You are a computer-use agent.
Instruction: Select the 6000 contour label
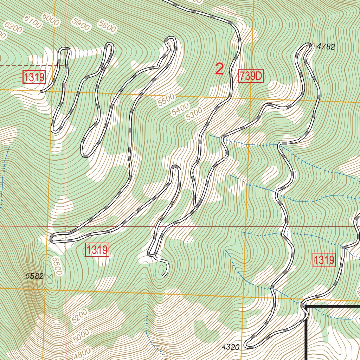pyautogui.click(x=50, y=19)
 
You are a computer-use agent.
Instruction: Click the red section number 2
pyautogui.click(x=219, y=69)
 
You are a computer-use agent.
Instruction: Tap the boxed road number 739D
pyautogui.click(x=251, y=76)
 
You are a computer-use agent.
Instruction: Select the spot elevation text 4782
pyautogui.click(x=326, y=46)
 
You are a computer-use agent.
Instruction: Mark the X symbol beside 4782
pyautogui.click(x=310, y=45)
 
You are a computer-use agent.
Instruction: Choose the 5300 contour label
pyautogui.click(x=194, y=114)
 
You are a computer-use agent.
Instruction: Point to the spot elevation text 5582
pyautogui.click(x=34, y=276)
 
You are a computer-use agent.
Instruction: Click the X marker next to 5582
pyautogui.click(x=49, y=277)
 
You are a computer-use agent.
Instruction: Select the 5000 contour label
pyautogui.click(x=82, y=335)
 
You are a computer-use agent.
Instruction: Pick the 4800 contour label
pyautogui.click(x=82, y=353)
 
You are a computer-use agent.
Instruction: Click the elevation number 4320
pyautogui.click(x=231, y=347)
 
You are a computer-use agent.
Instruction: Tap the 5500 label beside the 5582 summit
pyautogui.click(x=56, y=266)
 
